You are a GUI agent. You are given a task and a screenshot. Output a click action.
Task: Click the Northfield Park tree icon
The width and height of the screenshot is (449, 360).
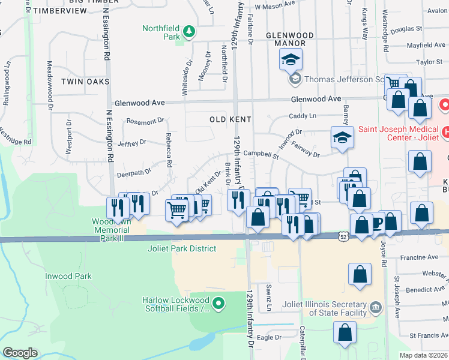point(188,31)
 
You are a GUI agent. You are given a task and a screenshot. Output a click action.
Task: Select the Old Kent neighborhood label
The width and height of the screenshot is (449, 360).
point(230,119)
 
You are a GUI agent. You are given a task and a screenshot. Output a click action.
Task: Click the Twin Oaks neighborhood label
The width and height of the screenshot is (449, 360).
point(85,82)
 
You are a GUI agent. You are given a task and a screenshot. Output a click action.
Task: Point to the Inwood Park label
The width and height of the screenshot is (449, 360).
point(68,277)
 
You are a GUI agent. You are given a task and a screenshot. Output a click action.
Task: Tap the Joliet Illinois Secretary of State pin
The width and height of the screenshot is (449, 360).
point(376,308)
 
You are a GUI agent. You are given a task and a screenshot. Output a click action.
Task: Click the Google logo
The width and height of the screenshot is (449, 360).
point(20,353)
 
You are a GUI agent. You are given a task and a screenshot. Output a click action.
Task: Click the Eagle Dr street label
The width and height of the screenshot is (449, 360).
point(269,338)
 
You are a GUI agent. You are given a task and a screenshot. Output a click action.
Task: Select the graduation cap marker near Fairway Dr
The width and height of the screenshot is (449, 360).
point(342,138)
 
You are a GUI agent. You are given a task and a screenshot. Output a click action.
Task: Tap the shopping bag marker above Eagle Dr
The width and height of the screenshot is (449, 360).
point(346,332)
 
